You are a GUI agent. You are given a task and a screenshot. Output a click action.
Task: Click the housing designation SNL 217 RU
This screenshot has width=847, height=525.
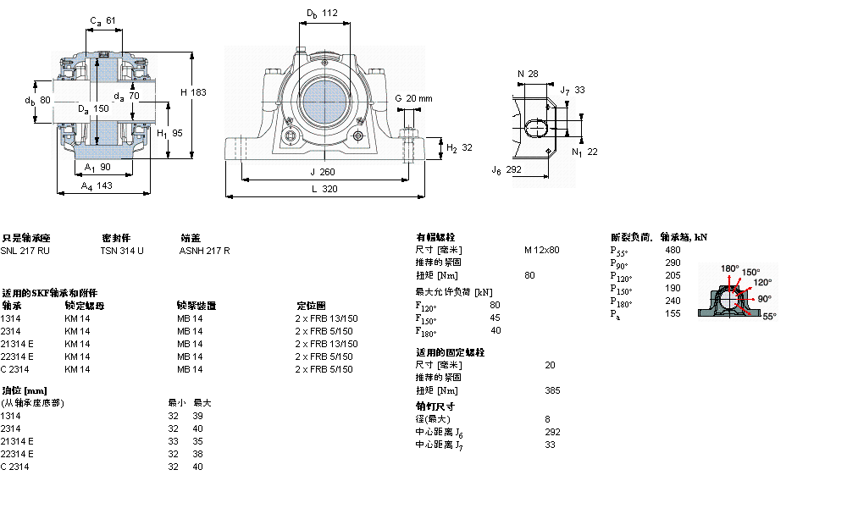(x=25, y=251)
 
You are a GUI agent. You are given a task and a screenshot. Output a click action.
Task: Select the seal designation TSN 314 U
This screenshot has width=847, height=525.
(x=122, y=251)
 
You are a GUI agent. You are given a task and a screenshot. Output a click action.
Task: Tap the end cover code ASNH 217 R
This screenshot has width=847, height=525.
(x=204, y=251)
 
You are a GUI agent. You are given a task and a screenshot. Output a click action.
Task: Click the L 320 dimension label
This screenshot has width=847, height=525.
(x=324, y=190)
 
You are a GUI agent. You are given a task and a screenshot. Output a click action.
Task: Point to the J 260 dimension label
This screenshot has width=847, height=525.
(x=324, y=172)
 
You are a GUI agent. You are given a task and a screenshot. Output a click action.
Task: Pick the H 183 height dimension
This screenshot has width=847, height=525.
(x=193, y=91)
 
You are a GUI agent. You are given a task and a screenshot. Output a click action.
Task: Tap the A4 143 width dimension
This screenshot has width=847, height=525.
(x=97, y=185)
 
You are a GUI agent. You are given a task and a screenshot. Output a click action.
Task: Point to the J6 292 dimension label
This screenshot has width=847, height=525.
(x=507, y=170)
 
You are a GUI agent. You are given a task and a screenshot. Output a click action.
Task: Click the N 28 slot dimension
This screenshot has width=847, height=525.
(x=528, y=74)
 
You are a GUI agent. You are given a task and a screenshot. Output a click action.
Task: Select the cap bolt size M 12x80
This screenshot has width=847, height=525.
(x=541, y=250)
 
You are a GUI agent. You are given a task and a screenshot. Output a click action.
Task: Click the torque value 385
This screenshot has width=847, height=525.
(x=552, y=390)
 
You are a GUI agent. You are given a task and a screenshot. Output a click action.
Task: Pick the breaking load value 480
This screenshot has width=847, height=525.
(x=673, y=250)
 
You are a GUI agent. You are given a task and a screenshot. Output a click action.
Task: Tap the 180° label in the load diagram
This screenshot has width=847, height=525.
(x=729, y=268)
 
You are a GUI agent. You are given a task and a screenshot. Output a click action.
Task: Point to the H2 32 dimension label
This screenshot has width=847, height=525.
(x=458, y=147)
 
